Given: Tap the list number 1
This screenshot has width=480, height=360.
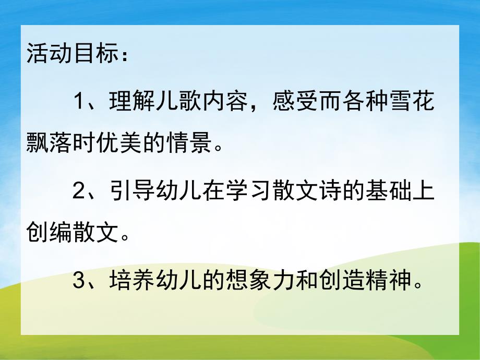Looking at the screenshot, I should [x=79, y=101].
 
